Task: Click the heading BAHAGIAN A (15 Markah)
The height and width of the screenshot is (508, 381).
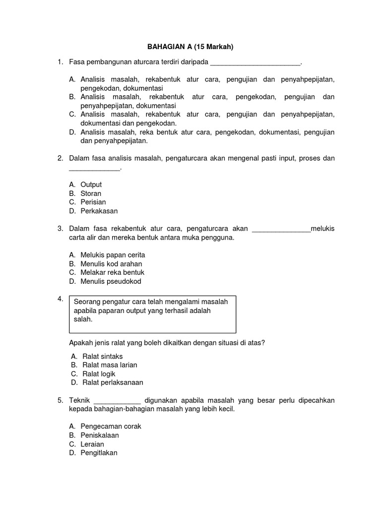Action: coord(190,47)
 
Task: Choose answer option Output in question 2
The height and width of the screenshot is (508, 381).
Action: coord(91,185)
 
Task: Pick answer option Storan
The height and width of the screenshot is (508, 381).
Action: coord(91,193)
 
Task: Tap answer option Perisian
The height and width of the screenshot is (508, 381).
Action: coord(93,202)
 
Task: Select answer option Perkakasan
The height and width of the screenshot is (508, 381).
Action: coord(99,211)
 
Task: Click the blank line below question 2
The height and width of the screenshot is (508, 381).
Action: coord(94,169)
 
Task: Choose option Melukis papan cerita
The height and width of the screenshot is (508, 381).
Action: coord(113,255)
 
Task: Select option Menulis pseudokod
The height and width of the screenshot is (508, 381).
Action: coord(111,281)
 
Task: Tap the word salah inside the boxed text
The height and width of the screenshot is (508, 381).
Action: coord(83,319)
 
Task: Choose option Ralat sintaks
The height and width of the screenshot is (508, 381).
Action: coord(102,356)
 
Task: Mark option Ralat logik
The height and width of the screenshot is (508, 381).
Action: coord(99,374)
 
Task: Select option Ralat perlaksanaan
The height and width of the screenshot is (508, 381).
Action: coord(113,382)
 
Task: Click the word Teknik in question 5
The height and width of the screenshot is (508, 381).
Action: coord(79,400)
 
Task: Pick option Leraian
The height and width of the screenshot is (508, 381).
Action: coord(92,444)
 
